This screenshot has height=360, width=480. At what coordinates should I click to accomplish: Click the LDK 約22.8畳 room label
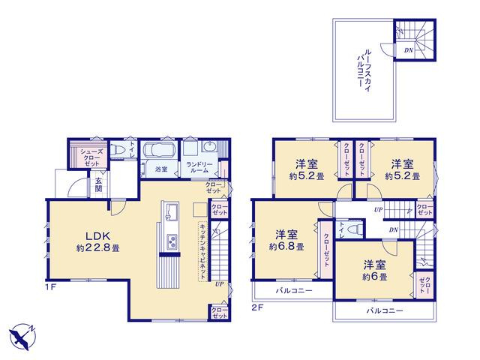tap(98, 241)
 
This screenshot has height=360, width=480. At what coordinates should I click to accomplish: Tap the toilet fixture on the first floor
tap(117, 150)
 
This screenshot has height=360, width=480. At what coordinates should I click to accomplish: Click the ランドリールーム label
tap(197, 167)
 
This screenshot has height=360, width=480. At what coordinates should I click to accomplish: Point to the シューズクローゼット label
tap(90, 157)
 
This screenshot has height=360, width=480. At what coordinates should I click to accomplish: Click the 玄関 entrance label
tap(98, 184)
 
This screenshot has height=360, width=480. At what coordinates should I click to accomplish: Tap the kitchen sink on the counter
tap(170, 211)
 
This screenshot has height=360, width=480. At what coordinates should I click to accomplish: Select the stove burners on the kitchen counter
tap(172, 241)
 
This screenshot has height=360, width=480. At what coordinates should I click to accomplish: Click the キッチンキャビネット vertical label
tap(202, 250)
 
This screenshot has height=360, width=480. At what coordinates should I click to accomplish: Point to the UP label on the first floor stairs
tap(219, 284)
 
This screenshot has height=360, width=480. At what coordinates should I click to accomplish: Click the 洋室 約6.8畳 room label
tap(286, 241)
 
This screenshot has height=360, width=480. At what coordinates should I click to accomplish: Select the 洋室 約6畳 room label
tap(375, 271)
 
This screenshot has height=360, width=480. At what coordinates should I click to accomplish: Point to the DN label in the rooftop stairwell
tap(408, 50)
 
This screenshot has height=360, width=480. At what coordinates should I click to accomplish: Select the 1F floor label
tap(51, 287)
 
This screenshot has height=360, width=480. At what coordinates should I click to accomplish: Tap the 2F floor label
tap(258, 308)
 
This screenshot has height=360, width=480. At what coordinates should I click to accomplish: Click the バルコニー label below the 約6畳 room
tap(385, 311)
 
